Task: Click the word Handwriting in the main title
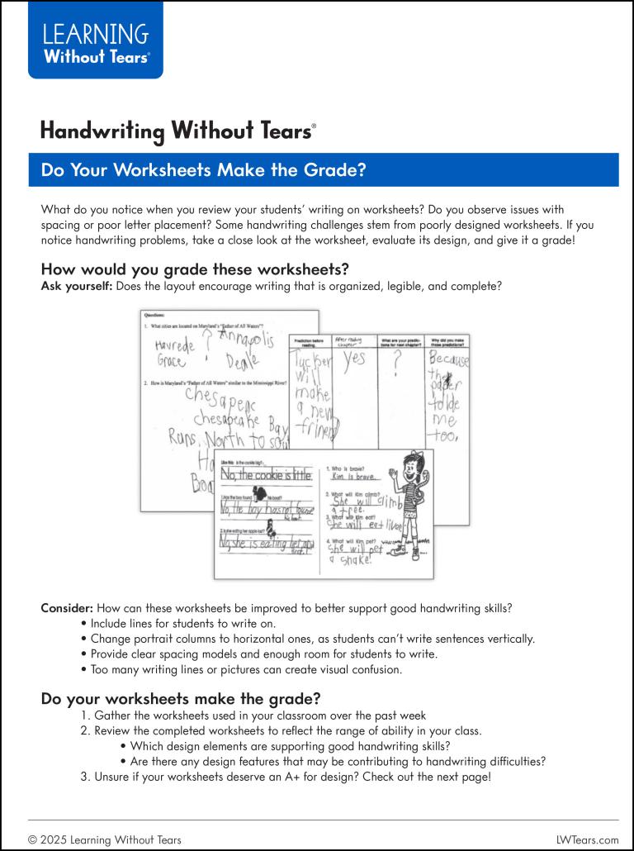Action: point(103,131)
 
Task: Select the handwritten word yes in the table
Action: point(354,359)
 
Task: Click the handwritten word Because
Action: point(448,361)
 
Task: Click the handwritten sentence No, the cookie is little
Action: point(267,474)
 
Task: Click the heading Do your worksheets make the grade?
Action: point(181,698)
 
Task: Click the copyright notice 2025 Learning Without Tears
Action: point(105,839)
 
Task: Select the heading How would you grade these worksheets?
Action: point(195,269)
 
